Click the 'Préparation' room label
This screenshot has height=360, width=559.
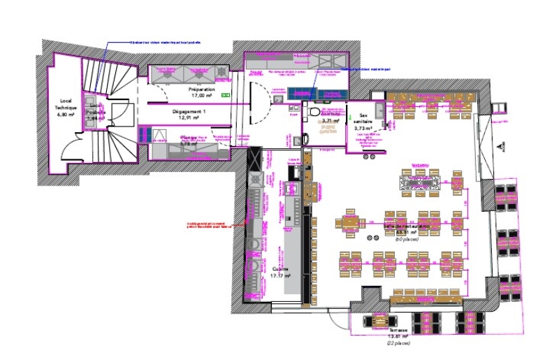pos(201,91)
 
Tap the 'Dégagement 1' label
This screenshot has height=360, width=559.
pos(189,112)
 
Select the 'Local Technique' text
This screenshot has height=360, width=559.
pos(66,105)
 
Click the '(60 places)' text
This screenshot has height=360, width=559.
pos(407,240)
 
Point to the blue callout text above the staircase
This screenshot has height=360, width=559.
pos(166,43)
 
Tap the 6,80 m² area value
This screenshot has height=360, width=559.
pos(66,115)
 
